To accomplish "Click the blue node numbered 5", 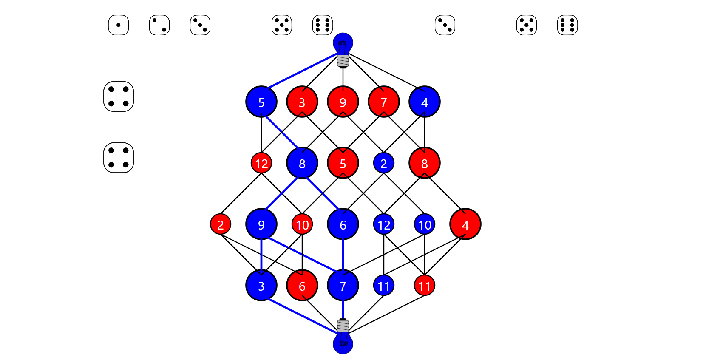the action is (261, 102).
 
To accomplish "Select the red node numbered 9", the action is (343, 102).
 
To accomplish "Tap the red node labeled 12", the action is (261, 163).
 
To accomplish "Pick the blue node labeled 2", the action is (384, 163).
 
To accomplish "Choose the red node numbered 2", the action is (221, 224).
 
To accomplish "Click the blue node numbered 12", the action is (384, 224).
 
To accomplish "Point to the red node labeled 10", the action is (302, 224).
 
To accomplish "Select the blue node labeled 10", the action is (425, 224).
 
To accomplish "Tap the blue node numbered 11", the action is (384, 285).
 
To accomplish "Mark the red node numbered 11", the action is (425, 285).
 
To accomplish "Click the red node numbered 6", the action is (302, 285).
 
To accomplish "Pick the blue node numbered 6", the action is (343, 224).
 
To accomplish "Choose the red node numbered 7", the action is (384, 102).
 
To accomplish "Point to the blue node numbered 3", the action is (261, 285).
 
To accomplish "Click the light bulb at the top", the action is (343, 50).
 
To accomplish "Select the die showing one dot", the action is (119, 25).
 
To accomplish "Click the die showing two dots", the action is (159, 25).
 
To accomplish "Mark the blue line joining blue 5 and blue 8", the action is (282, 132).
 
